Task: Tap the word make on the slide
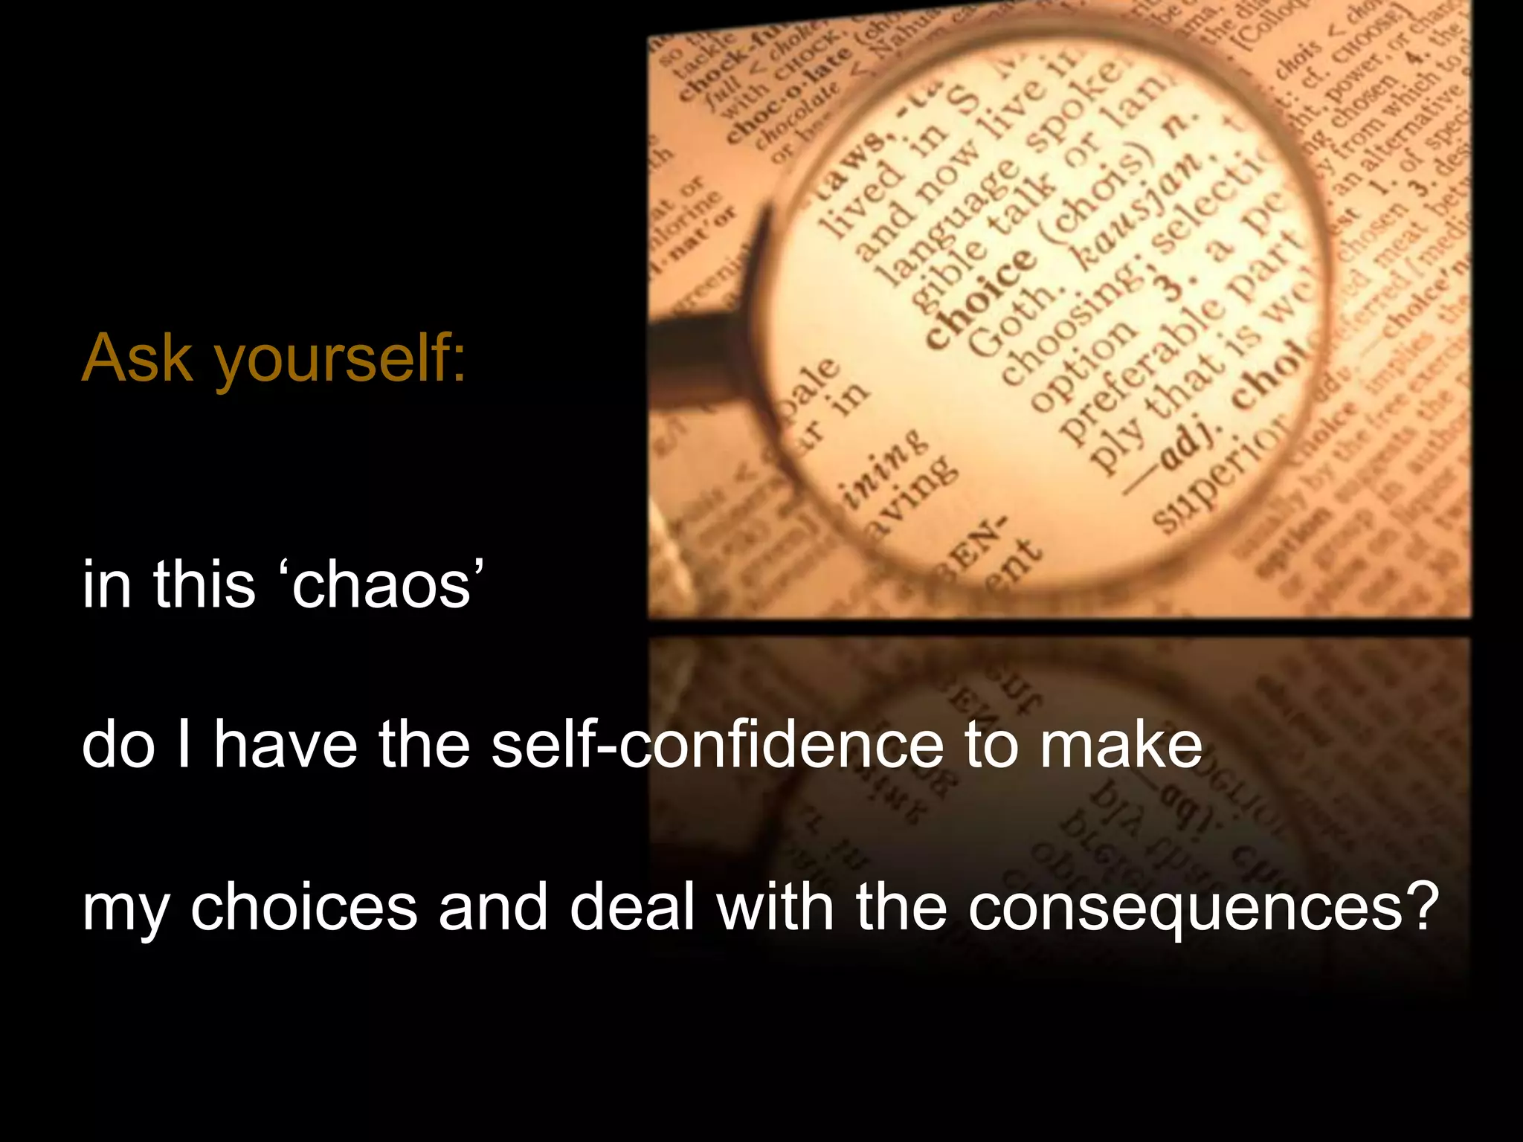[x=1120, y=745]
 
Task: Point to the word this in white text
[x=204, y=584]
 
